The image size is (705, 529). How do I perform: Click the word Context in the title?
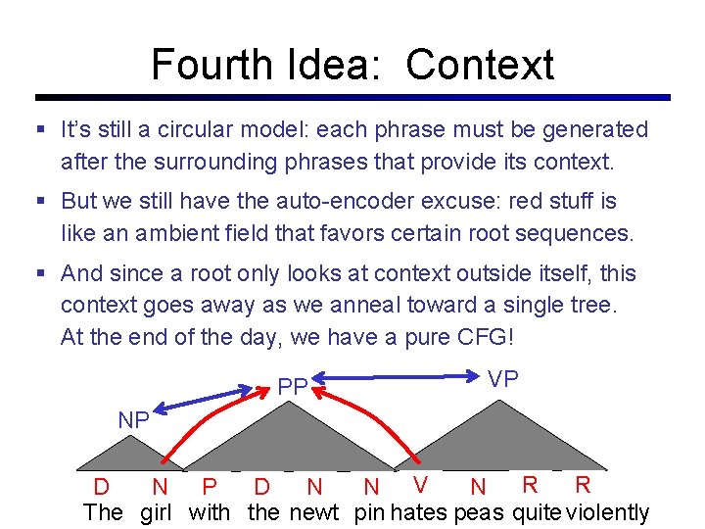coord(480,65)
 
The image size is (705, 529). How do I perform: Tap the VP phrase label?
coord(503,379)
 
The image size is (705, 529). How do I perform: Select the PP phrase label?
coord(293,387)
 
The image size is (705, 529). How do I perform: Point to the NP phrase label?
coord(133,420)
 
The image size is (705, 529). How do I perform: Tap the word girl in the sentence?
coord(156,512)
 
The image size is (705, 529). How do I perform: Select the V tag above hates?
coord(420,484)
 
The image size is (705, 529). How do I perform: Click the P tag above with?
coord(208,486)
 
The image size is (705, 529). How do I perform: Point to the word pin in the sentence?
coord(370,512)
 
